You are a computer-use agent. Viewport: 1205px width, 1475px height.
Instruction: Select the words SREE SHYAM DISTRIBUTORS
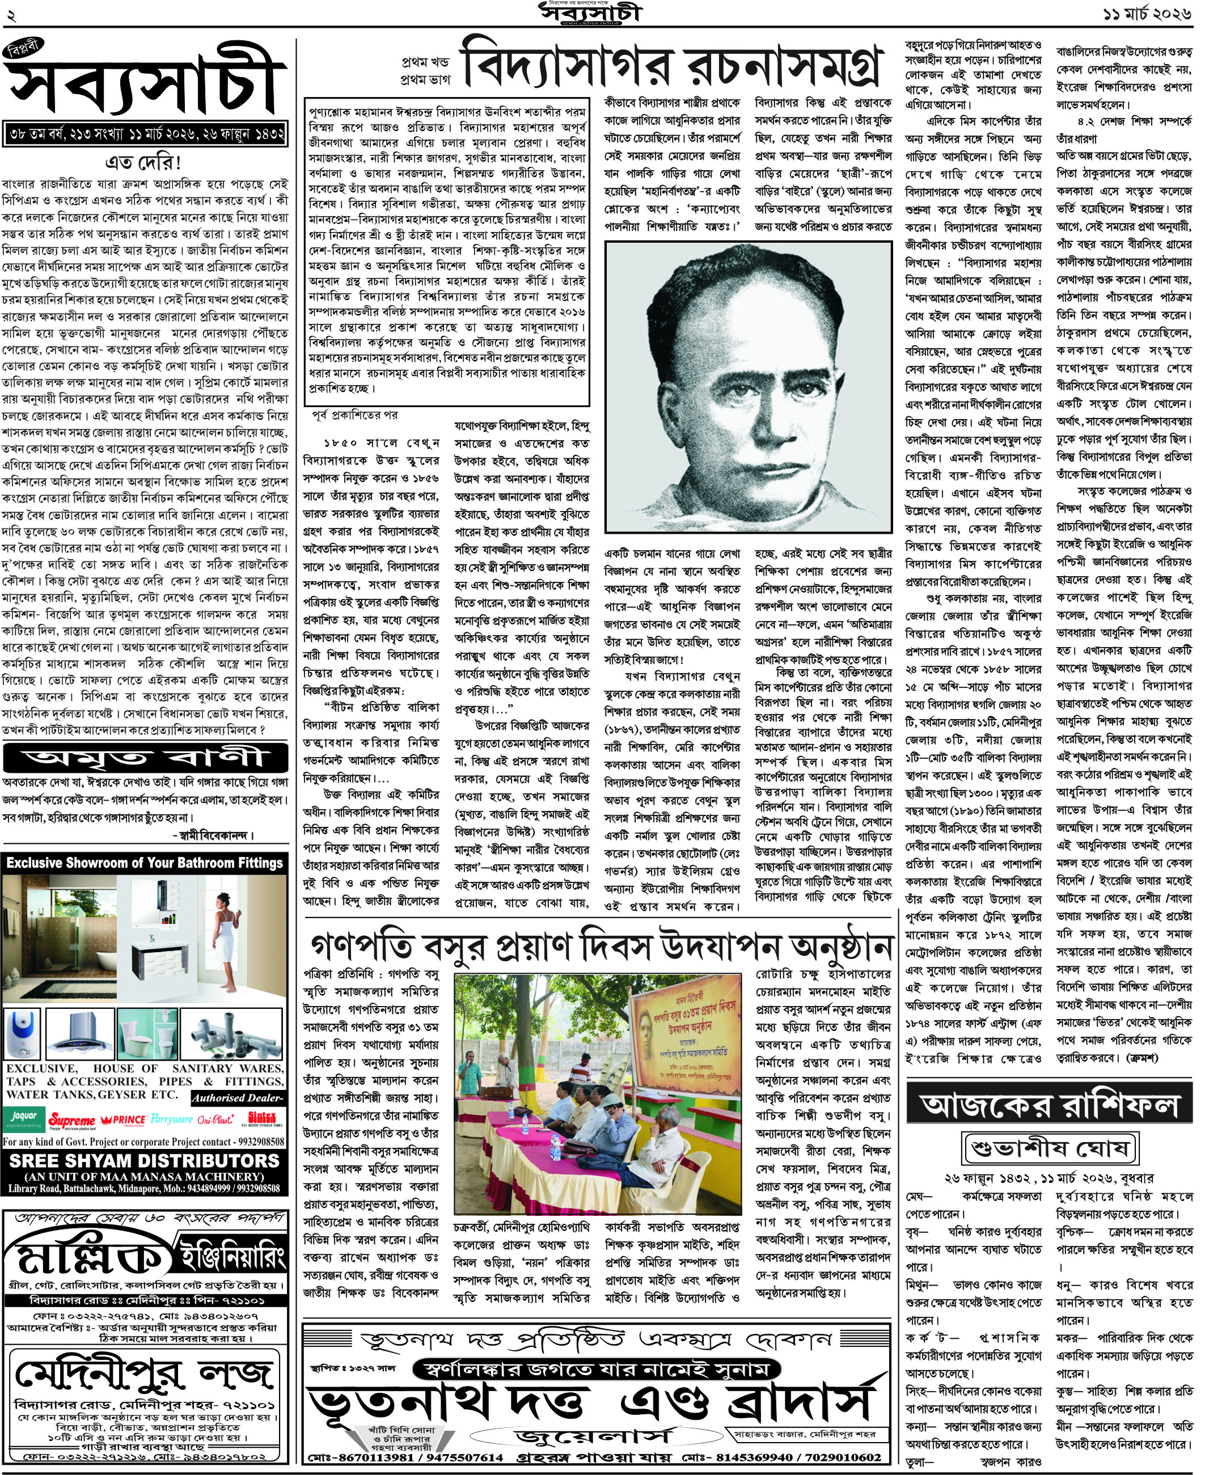click(x=145, y=1161)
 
